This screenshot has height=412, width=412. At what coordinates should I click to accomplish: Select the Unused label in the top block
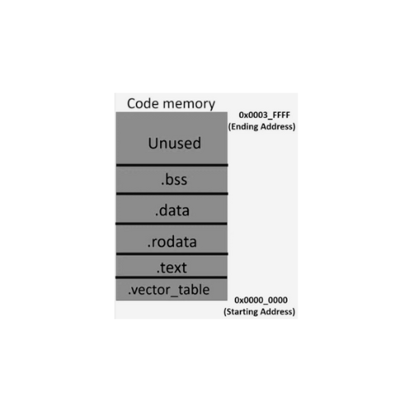(x=175, y=143)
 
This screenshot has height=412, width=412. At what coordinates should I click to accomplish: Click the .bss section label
(x=174, y=180)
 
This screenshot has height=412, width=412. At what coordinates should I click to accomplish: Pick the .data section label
(x=172, y=211)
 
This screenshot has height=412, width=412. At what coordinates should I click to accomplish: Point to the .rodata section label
(x=172, y=242)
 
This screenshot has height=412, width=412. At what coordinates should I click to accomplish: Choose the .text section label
(x=171, y=268)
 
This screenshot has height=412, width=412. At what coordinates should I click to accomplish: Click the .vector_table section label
(x=169, y=290)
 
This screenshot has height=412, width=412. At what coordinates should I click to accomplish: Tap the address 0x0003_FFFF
(x=265, y=115)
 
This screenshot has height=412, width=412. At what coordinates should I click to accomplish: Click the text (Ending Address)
(x=262, y=127)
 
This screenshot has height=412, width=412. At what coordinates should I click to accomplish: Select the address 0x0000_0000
(x=261, y=300)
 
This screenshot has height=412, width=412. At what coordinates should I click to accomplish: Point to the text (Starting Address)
(x=260, y=311)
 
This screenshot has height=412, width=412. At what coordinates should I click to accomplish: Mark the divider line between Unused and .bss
(x=172, y=165)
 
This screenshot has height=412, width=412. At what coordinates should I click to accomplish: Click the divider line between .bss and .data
(x=172, y=194)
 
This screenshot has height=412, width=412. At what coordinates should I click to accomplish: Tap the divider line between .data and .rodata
(x=171, y=224)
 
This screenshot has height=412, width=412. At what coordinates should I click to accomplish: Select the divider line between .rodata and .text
(x=172, y=254)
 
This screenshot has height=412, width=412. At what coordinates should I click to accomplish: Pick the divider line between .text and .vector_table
(x=171, y=278)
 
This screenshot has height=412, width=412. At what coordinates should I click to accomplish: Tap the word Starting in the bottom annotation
(x=242, y=312)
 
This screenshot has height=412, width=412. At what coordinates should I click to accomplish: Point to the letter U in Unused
(x=152, y=143)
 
